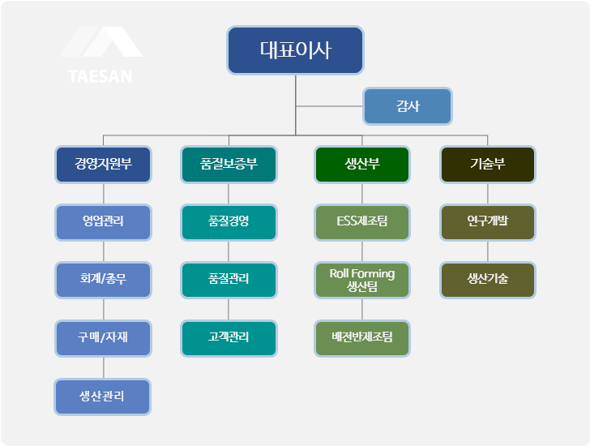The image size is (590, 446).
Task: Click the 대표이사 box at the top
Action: (x=295, y=50)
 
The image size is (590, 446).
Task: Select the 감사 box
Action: (x=407, y=106)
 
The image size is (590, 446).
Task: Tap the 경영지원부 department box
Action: (x=103, y=164)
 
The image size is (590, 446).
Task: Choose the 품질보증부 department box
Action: (x=229, y=164)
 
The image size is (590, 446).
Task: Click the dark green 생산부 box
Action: (x=362, y=164)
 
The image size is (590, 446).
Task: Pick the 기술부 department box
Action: (x=487, y=164)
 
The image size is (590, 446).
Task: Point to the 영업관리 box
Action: (x=103, y=221)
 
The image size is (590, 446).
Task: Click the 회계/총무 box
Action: (x=103, y=280)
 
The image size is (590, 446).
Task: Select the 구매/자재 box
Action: (x=103, y=338)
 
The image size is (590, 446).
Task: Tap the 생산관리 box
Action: (x=103, y=397)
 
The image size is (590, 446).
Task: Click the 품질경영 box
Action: (x=229, y=221)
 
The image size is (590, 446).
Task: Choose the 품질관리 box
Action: (x=229, y=280)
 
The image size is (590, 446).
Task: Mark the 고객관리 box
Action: (x=229, y=338)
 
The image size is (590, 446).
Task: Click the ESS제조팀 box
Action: (x=362, y=221)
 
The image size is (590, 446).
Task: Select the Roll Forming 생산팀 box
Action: (x=362, y=280)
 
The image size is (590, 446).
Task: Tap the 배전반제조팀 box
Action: (x=362, y=338)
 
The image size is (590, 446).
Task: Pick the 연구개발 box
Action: (x=487, y=221)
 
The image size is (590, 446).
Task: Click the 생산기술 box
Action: (x=487, y=280)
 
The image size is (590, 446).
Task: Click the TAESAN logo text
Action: (x=101, y=77)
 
